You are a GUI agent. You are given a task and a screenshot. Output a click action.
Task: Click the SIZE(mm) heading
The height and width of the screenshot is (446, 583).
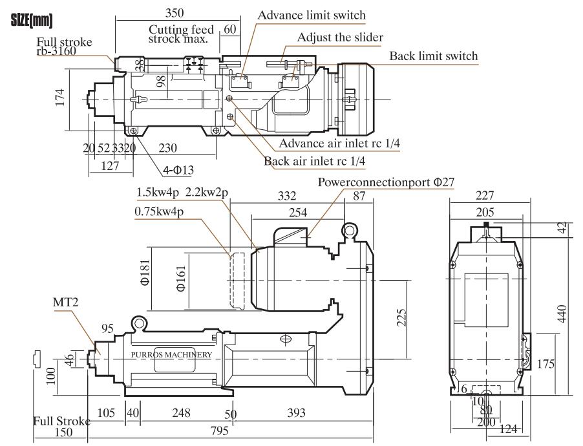(32, 21)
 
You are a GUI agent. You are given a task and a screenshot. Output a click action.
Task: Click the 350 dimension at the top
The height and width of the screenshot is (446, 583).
(175, 13)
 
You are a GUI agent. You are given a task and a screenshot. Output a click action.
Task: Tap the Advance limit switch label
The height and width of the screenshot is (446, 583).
(312, 16)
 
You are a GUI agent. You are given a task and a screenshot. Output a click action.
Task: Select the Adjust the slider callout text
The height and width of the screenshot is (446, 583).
(340, 37)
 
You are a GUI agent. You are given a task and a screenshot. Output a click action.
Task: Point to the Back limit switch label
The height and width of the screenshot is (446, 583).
(434, 56)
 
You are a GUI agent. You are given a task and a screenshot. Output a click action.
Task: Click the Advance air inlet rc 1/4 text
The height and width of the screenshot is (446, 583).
(339, 143)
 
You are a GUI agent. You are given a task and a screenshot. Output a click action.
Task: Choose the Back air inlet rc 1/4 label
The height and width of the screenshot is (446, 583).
(315, 161)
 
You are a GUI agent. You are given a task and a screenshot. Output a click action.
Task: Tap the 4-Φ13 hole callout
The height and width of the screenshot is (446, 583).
(178, 170)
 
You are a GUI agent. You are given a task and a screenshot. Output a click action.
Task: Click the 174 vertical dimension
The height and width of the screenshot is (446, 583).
(60, 98)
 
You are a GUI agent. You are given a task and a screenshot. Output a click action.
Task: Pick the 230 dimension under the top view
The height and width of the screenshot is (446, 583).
(167, 148)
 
